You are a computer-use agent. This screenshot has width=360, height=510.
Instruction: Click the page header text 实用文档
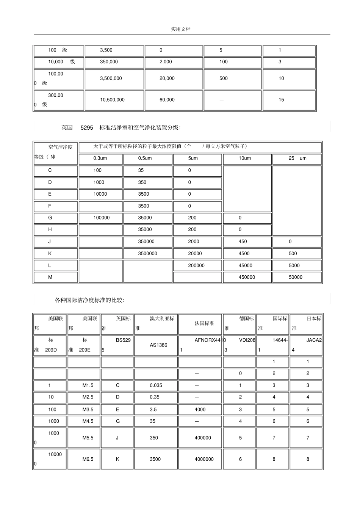[180, 29]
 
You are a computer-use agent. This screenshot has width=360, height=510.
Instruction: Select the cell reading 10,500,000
[112, 100]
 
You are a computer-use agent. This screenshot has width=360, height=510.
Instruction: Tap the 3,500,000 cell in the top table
[111, 78]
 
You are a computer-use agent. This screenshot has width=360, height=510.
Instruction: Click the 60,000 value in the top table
[167, 100]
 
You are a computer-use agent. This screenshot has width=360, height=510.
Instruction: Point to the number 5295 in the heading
[87, 128]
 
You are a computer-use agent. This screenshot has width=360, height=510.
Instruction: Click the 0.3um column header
[100, 158]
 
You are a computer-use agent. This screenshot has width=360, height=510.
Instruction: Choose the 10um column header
[245, 158]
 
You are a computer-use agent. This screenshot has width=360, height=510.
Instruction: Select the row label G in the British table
[50, 218]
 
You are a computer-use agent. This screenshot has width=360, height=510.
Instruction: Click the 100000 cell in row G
[102, 218]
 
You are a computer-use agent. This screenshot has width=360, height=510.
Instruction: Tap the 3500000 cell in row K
[147, 254]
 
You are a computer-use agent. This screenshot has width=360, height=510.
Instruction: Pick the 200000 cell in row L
[196, 266]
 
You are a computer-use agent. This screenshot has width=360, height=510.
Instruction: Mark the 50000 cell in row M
[296, 278]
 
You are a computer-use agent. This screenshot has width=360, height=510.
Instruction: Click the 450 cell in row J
[243, 242]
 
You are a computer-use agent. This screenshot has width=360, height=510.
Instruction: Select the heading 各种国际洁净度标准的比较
[89, 300]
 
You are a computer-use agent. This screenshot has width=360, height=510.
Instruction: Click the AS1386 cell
[158, 345]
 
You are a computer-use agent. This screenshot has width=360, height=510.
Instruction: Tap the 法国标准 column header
[204, 323]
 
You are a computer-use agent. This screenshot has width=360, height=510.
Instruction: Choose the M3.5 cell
[88, 410]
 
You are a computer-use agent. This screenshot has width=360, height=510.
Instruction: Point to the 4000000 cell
[204, 459]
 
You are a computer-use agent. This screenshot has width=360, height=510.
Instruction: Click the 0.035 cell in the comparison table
[156, 386]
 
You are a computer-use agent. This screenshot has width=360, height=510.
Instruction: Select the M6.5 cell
[88, 459]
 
